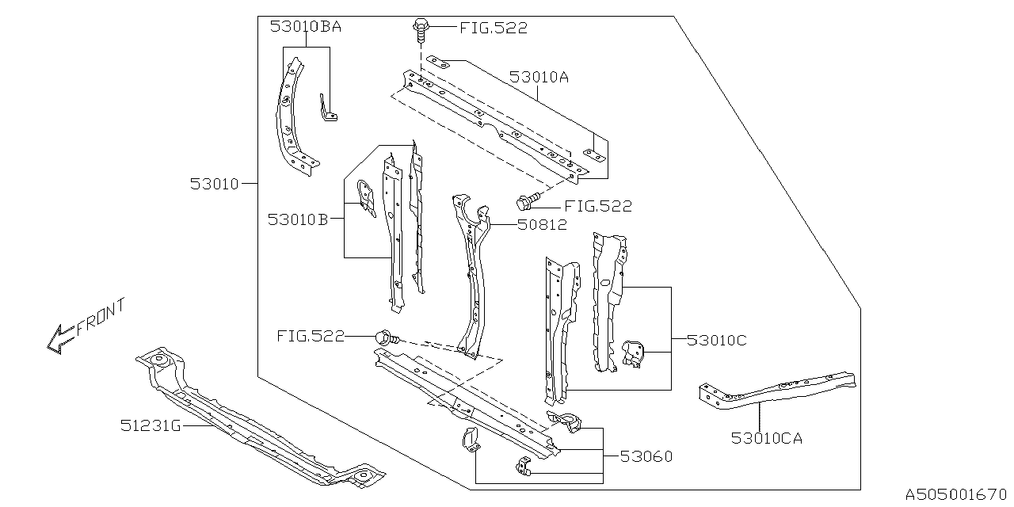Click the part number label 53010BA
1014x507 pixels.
[306, 26]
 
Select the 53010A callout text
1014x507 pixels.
[539, 78]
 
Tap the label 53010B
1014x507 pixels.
[297, 219]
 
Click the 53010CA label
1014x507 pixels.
[767, 436]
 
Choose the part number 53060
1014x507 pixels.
[646, 456]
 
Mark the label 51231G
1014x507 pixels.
[151, 426]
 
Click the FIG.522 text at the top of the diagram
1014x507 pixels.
[493, 29]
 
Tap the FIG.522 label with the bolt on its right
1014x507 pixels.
[311, 337]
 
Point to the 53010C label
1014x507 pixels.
[716, 341]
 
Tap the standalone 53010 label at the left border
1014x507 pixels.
[214, 184]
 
